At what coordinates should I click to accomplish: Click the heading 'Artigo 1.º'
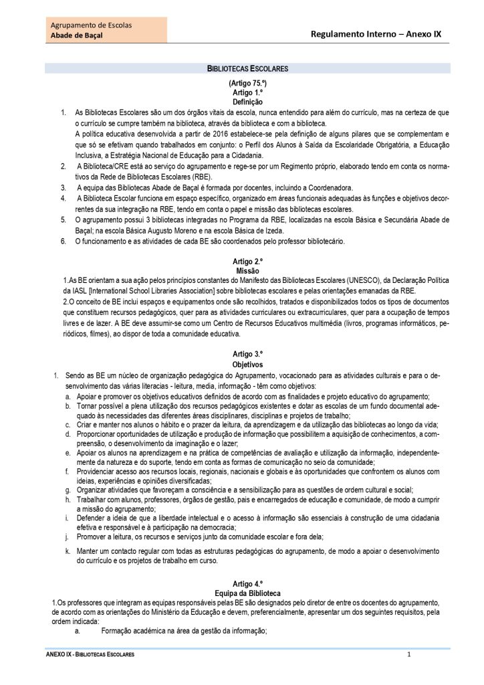click(x=247, y=92)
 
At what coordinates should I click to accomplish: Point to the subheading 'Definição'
click(x=247, y=101)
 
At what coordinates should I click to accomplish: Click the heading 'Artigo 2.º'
click(x=247, y=260)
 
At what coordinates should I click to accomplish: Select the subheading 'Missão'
click(x=247, y=269)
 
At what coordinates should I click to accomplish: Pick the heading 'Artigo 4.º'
click(x=247, y=584)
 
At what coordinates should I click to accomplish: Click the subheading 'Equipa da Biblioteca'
click(x=247, y=593)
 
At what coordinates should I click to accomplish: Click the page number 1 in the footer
click(x=408, y=654)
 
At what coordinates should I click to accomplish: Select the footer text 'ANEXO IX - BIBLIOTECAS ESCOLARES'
click(x=85, y=654)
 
